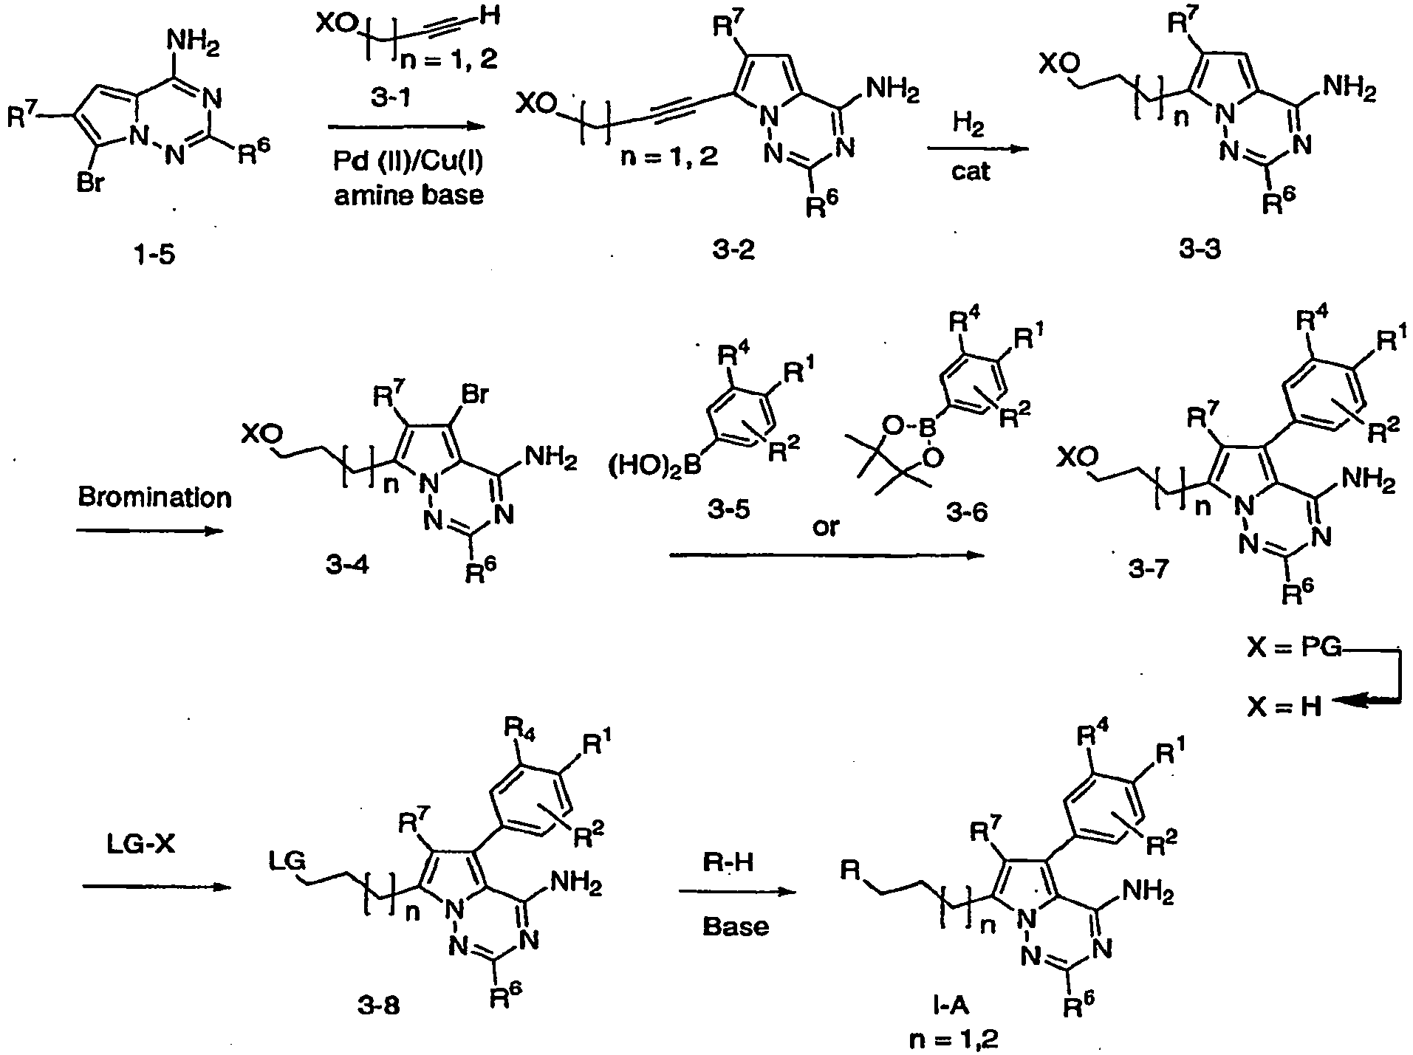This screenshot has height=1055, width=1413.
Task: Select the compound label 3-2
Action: (734, 251)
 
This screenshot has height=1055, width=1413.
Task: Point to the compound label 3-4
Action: (346, 567)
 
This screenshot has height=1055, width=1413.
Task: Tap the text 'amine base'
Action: (409, 196)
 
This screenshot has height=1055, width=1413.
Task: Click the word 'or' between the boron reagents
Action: (825, 528)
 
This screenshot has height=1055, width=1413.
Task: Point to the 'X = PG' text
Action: (1293, 650)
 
